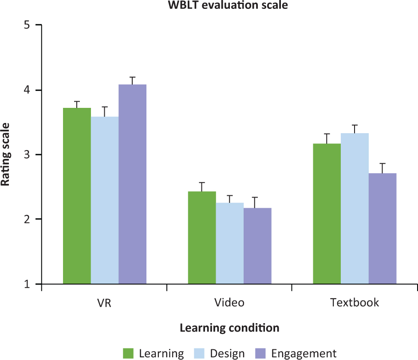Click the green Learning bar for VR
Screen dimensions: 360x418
click(x=77, y=196)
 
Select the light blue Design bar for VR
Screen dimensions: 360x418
click(x=105, y=200)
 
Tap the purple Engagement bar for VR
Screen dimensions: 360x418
click(x=132, y=184)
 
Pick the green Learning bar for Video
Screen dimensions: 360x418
click(x=202, y=237)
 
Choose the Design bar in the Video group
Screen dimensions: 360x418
click(x=230, y=243)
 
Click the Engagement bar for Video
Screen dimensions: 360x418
click(x=257, y=246)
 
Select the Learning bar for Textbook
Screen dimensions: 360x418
click(x=327, y=214)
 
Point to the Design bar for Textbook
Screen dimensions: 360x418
click(x=355, y=208)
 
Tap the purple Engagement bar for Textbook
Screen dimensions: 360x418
click(x=383, y=229)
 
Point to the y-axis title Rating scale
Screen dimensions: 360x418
click(x=6, y=154)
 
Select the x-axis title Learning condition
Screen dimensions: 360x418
click(x=229, y=328)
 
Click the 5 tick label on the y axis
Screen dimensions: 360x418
click(x=27, y=25)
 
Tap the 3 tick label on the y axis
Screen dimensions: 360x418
click(x=27, y=154)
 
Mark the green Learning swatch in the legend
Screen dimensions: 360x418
click(x=129, y=353)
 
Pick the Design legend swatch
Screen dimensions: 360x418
click(x=200, y=353)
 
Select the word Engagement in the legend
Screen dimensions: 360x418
click(x=304, y=353)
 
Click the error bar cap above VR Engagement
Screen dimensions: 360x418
click(x=132, y=77)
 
